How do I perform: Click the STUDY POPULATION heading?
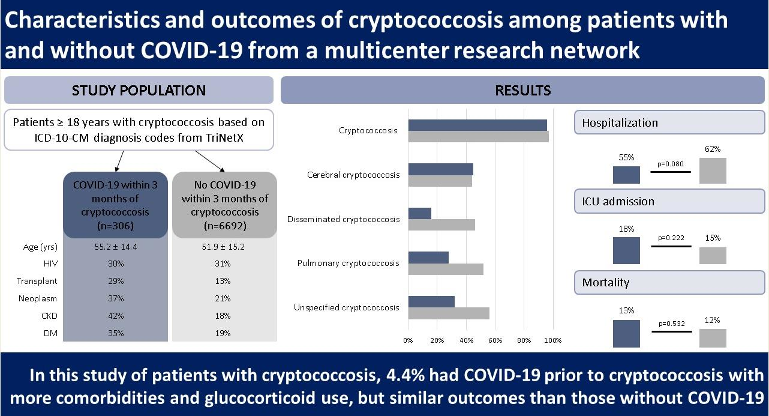pyautogui.click(x=139, y=91)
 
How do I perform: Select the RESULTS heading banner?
pyautogui.click(x=522, y=91)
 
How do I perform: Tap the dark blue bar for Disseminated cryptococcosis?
pyautogui.click(x=419, y=213)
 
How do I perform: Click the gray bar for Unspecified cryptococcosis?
pyautogui.click(x=449, y=313)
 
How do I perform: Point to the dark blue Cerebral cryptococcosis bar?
pyautogui.click(x=440, y=169)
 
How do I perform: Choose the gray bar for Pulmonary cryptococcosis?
pyautogui.click(x=446, y=269)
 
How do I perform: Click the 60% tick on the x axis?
pyautogui.click(x=495, y=340)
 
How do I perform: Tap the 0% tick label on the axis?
pyautogui.click(x=408, y=340)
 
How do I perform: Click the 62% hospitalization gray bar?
pyautogui.click(x=713, y=170)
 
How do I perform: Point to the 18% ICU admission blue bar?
pyautogui.click(x=626, y=251)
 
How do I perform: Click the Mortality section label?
pyautogui.click(x=606, y=282)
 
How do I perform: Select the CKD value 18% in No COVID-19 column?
pyautogui.click(x=223, y=316)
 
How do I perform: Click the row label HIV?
pyautogui.click(x=50, y=263)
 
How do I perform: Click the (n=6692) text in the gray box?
pyautogui.click(x=223, y=226)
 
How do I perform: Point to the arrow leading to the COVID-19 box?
pyautogui.click(x=118, y=160)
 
